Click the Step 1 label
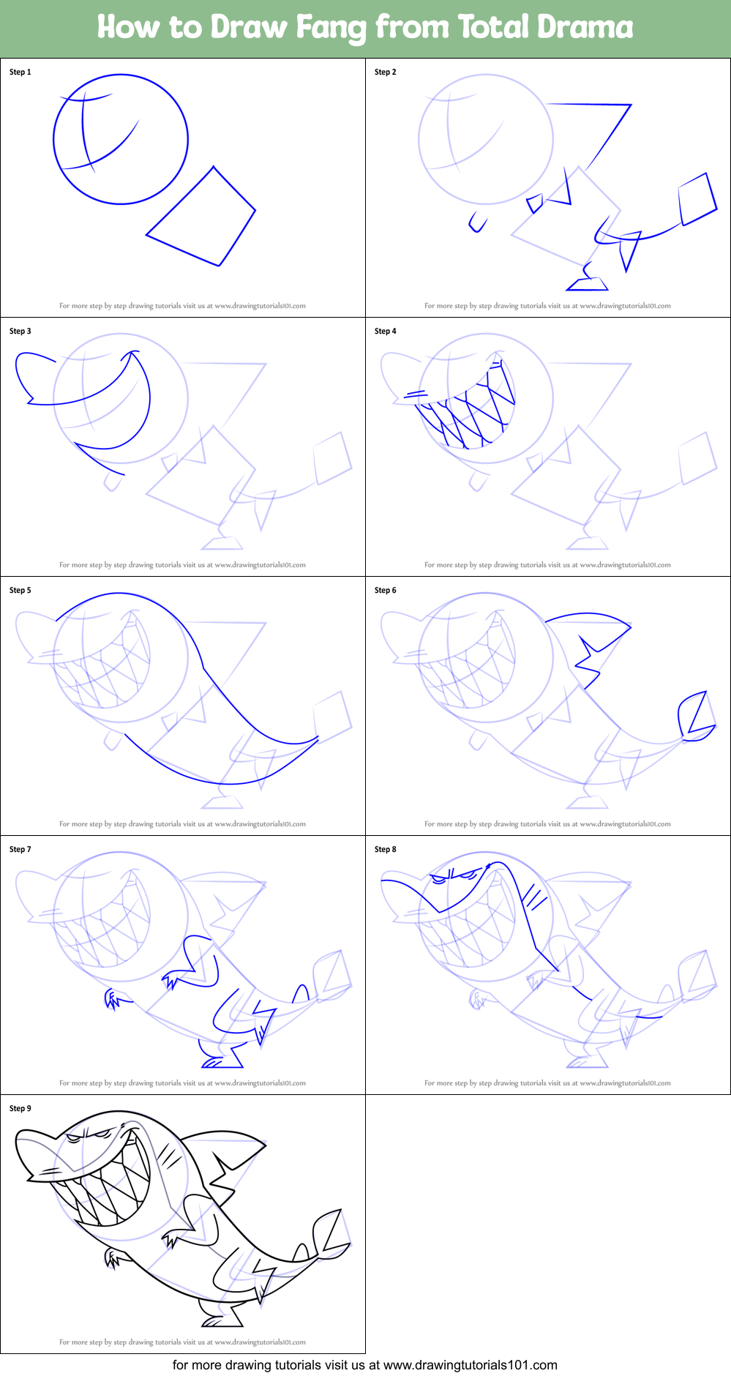pos(20,72)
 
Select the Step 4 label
pos(386,331)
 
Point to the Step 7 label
pos(20,849)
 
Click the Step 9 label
pos(20,1108)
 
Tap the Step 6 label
pos(386,590)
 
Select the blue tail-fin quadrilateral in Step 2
pos(697,198)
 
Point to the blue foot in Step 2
pos(587,283)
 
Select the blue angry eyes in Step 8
pos(457,874)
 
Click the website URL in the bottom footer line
pos(470,1365)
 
